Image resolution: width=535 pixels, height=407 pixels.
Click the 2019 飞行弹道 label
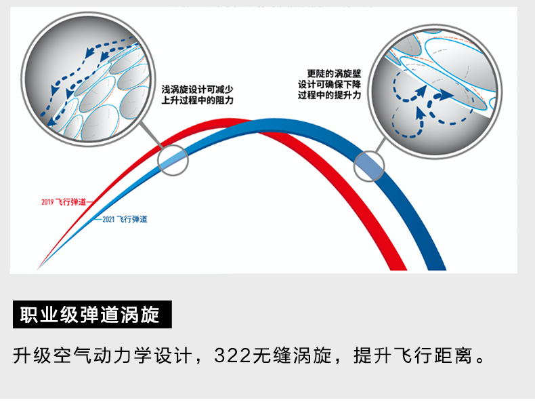tap(64, 201)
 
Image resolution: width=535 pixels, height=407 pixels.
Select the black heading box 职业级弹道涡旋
tap(93, 315)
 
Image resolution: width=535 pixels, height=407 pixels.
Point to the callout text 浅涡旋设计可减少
tap(197, 89)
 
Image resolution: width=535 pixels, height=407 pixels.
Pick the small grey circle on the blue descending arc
tap(369, 166)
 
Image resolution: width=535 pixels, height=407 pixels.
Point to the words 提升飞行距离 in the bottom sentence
tap(413, 355)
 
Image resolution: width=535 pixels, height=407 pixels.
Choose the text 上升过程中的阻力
tap(197, 100)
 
